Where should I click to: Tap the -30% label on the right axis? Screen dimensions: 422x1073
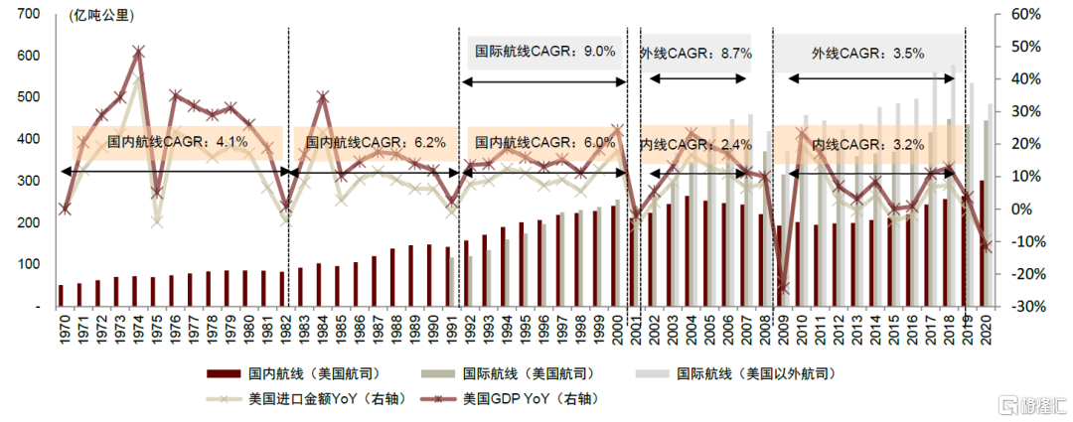click(x=1023, y=307)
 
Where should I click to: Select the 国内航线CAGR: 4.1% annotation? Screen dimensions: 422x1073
click(x=178, y=143)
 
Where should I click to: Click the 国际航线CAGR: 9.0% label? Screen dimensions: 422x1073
click(x=545, y=51)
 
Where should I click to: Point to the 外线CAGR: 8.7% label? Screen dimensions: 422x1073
click(x=695, y=53)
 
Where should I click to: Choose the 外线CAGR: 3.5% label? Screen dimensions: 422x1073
click(x=867, y=53)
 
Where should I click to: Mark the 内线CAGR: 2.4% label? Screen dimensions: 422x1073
click(x=695, y=145)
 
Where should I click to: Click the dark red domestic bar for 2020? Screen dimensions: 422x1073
click(x=983, y=243)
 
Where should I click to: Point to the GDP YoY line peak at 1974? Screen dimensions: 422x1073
click(x=138, y=51)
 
